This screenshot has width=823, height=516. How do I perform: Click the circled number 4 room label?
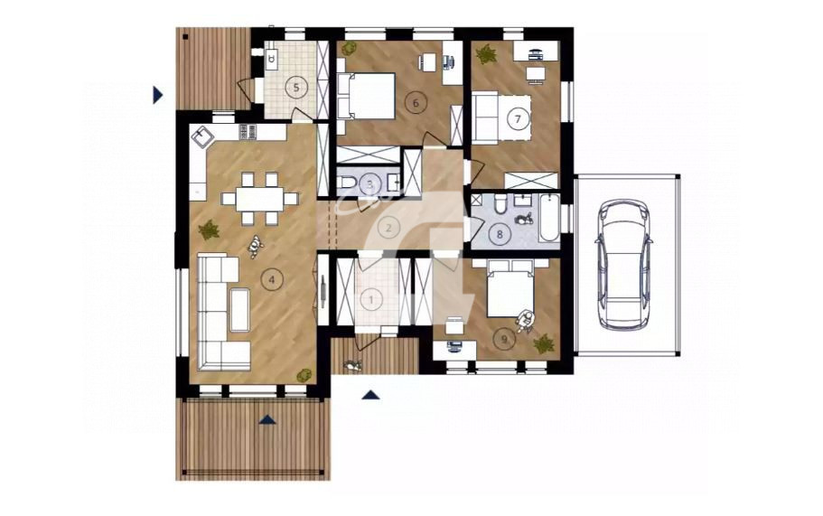coord(271,280)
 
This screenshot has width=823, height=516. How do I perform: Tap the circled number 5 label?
coord(296,87)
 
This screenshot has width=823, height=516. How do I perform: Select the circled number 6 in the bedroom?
coord(416,103)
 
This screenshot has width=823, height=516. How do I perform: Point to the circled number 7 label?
coord(518,118)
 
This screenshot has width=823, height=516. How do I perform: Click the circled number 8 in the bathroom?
coord(500,234)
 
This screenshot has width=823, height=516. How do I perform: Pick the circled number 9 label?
coord(504,340)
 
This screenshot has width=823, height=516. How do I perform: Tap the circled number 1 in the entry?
coord(371,300)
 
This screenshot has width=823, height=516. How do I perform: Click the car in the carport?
coord(624,265)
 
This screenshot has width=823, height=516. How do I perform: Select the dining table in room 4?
coord(260,199)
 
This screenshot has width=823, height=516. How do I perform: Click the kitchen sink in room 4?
coord(202,137)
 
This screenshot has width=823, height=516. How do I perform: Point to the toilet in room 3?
coord(347,183)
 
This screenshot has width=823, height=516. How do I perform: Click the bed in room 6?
coord(367,96)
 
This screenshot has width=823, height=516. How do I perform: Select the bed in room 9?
coord(510,288)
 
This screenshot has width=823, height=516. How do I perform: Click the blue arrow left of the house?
coord(158,95)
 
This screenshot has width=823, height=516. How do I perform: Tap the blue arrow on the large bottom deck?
coord(267,419)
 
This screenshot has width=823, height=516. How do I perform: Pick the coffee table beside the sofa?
coord(240,309)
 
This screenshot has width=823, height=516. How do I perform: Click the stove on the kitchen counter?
coord(248,132)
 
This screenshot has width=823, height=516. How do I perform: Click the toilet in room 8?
coord(500,203)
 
